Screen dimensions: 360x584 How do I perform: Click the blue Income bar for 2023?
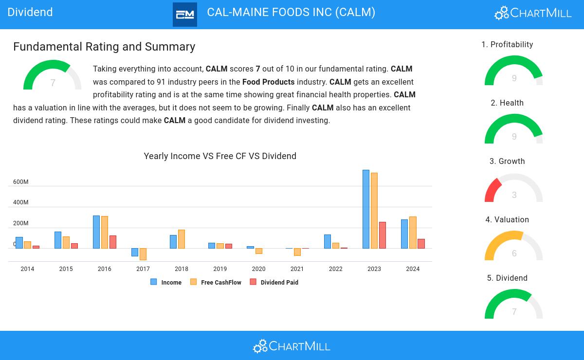[366, 209]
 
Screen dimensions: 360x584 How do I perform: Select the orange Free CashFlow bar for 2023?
[374, 211]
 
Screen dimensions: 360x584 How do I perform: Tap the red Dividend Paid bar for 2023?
[383, 235]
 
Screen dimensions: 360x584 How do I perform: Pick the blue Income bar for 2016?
[96, 232]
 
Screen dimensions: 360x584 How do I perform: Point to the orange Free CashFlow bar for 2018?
[182, 239]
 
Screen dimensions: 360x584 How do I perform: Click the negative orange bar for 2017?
[143, 254]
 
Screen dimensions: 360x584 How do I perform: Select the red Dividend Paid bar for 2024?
[421, 244]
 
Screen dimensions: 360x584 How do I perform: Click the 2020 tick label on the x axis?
[258, 269]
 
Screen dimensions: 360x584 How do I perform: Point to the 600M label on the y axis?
[21, 182]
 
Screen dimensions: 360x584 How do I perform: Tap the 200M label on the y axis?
[21, 223]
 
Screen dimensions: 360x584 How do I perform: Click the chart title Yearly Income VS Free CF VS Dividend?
[220, 156]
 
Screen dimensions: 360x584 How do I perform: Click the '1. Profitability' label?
[507, 45]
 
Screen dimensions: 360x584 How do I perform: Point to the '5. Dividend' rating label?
[507, 278]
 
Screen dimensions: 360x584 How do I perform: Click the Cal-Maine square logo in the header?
[185, 15]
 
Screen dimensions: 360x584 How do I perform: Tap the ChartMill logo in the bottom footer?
[292, 346]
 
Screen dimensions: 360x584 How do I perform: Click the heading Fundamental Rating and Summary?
[104, 47]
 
